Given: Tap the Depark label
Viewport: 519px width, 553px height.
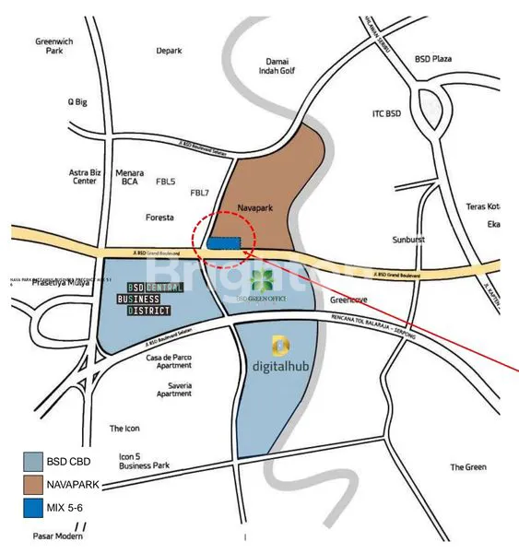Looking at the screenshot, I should [169, 51].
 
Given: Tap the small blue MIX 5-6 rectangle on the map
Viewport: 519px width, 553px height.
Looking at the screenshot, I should [223, 242].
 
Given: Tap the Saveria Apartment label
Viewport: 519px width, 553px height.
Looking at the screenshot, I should [173, 389].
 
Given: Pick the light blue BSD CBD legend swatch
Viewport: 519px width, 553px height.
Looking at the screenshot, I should [33, 460].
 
